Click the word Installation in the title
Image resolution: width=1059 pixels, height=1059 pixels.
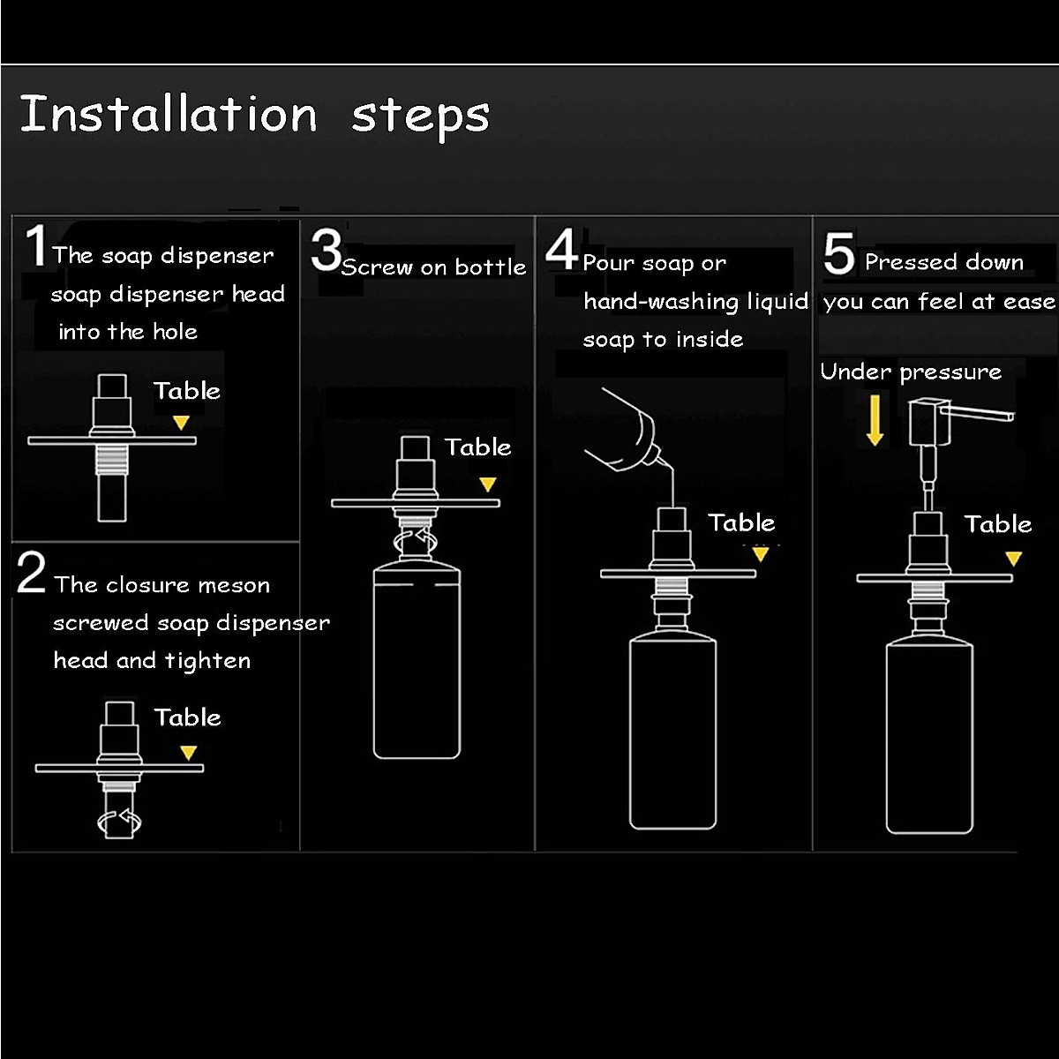tap(169, 114)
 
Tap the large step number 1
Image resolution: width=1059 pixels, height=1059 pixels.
tap(37, 245)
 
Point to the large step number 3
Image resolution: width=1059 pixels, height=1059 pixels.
tap(326, 251)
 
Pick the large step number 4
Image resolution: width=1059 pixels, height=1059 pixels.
tap(561, 250)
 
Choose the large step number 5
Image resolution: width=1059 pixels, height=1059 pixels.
tap(838, 253)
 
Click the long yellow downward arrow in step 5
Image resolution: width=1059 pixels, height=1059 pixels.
tap(875, 420)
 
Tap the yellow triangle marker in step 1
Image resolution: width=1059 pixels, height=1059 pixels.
tap(182, 422)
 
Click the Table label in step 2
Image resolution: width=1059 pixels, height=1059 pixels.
tap(187, 717)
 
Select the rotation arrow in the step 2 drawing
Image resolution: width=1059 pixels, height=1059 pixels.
tap(119, 822)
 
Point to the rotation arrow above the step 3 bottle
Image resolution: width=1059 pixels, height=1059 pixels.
tap(416, 540)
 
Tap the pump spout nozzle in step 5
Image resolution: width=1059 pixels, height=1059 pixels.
tap(978, 413)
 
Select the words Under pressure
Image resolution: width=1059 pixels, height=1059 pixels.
tap(911, 372)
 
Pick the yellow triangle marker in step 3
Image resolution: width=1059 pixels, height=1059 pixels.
tap(487, 484)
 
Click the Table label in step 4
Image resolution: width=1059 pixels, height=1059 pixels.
tap(741, 522)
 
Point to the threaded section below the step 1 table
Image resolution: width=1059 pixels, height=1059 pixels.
tap(111, 460)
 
